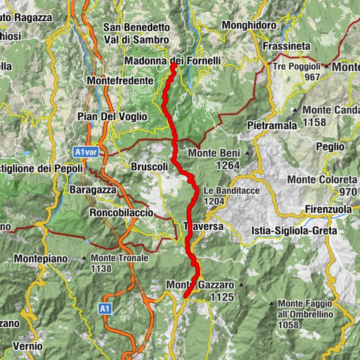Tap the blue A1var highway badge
(86, 151)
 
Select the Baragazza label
(93, 190)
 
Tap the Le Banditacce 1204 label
(223, 196)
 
